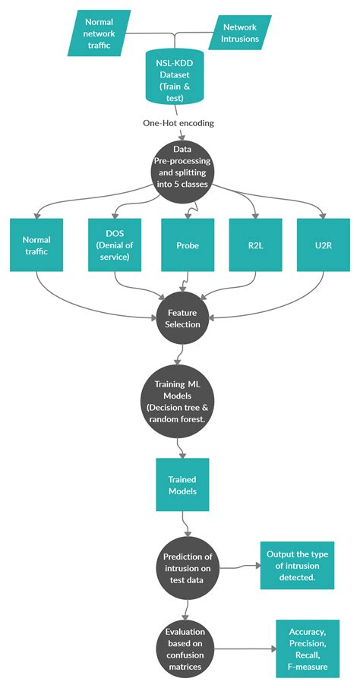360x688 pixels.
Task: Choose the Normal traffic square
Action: [x=36, y=245]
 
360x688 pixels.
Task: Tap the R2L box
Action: [x=254, y=245]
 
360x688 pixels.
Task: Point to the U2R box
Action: [x=322, y=245]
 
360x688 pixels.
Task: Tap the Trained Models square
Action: [x=182, y=484]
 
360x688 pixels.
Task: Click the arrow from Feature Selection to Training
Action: [x=178, y=357]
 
